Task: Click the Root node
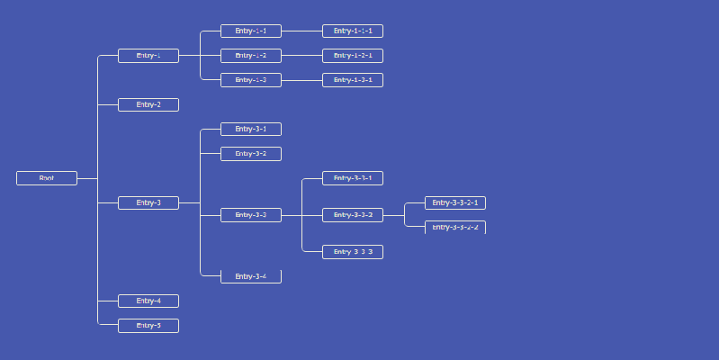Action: [47, 178]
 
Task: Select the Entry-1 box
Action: [148, 56]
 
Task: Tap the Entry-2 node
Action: [148, 104]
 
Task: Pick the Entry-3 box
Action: [148, 202]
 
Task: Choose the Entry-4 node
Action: [148, 301]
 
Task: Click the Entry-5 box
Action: [148, 325]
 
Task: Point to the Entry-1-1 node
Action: [251, 31]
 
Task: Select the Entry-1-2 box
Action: [251, 56]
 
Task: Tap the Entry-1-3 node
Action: [251, 80]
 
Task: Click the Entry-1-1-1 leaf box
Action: [353, 31]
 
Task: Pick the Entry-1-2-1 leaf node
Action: [353, 56]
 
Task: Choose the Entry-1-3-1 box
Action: [353, 80]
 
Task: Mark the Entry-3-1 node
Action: [251, 129]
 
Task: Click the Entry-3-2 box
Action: [251, 154]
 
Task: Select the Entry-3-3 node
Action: [251, 215]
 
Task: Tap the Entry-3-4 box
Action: [251, 276]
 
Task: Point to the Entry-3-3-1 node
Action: [353, 178]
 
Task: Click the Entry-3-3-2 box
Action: [353, 215]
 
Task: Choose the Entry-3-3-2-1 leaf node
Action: [455, 202]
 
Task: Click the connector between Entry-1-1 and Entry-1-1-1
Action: [302, 31]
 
